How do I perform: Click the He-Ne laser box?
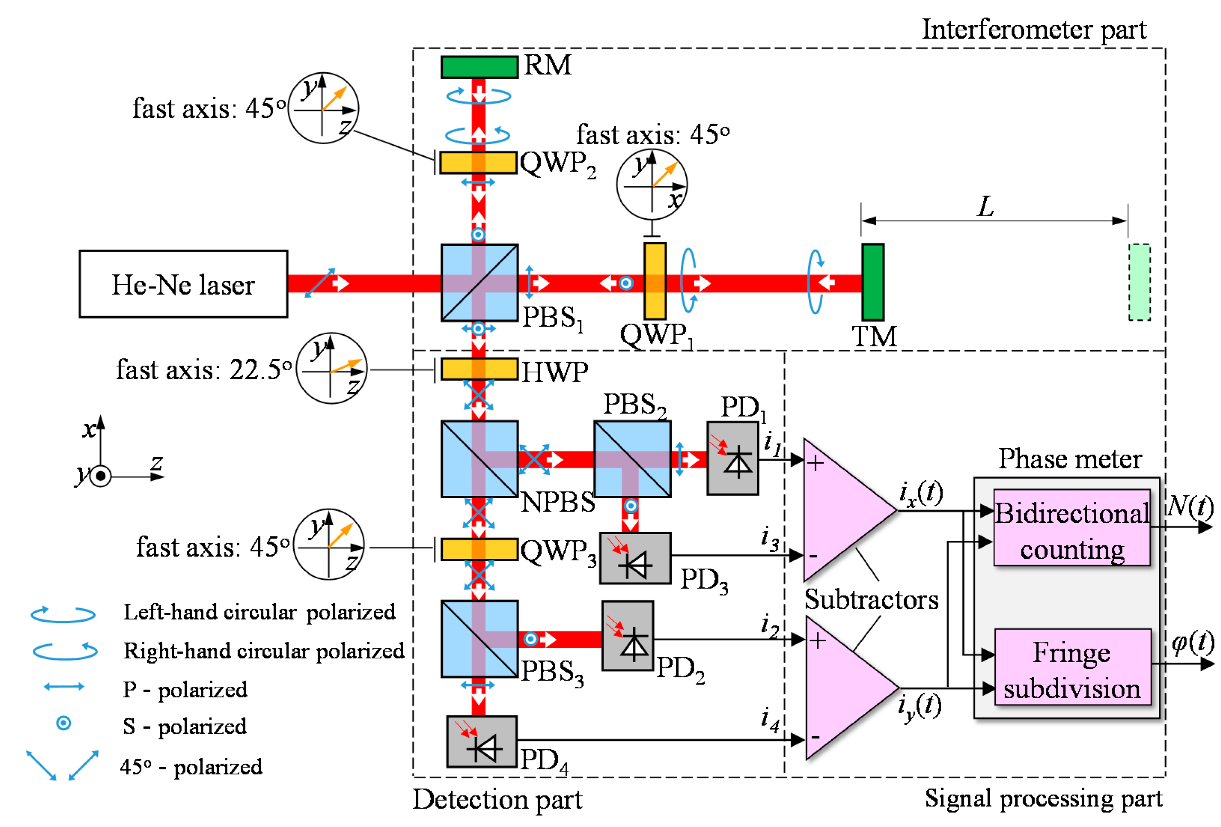pos(183,284)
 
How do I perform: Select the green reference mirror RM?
pos(479,67)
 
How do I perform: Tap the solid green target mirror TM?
pos(873,282)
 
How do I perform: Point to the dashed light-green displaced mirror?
pos(1139,282)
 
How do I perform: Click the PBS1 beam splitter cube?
pos(479,283)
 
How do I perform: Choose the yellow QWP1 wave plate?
pos(655,281)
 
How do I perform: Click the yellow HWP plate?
pos(479,369)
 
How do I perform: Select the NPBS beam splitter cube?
pos(479,459)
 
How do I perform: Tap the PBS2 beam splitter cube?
pos(632,459)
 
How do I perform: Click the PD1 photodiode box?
pos(732,459)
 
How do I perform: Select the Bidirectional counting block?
pos(1072,527)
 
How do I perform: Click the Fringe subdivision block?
pos(1072,667)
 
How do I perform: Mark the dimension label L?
pos(986,207)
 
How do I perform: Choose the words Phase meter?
pos(1070,459)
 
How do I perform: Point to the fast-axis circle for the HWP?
pos(331,369)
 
